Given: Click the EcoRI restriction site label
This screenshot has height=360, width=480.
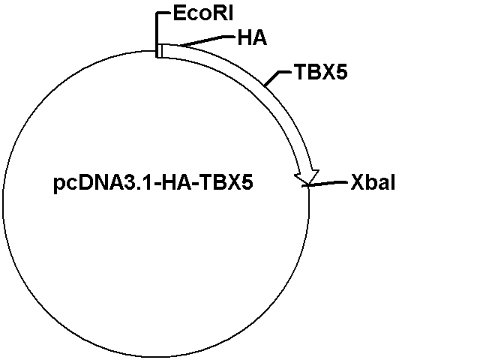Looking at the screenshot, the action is tap(203, 13).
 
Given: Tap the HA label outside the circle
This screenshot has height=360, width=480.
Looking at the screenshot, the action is tap(252, 38).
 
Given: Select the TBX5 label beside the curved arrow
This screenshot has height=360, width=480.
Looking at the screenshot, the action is tap(321, 72).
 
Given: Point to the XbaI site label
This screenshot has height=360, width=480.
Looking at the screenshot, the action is tap(373, 182).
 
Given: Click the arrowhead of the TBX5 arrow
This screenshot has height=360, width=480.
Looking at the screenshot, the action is tap(307, 177).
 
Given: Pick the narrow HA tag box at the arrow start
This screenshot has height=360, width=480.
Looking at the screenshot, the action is tap(159, 51).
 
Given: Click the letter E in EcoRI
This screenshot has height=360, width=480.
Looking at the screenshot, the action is tap(178, 13).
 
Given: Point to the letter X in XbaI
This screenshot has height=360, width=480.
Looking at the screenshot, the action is tap(357, 182).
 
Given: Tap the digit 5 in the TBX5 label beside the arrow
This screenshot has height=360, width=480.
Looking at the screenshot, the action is tap(342, 72).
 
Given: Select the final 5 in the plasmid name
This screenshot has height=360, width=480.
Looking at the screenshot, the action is tap(247, 182).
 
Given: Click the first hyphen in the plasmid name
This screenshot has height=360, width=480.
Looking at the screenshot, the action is tap(156, 184).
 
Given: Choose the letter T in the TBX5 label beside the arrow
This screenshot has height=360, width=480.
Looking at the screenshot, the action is tap(301, 72).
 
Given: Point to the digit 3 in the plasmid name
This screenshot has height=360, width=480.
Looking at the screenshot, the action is tap(133, 182).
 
